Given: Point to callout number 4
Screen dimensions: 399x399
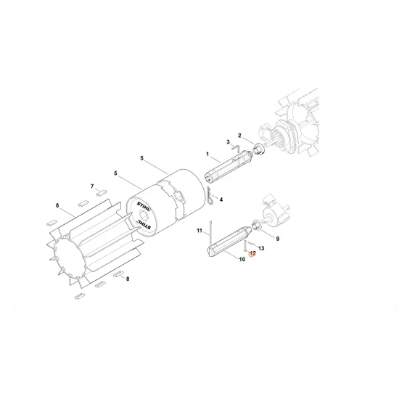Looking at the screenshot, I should coord(221,199).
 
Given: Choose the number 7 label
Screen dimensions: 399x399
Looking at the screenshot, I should coord(92,187).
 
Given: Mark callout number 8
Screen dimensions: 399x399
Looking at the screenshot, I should coord(128,279).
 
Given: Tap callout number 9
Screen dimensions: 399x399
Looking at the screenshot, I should coord(276,238).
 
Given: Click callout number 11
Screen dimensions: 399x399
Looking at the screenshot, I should coord(197,231).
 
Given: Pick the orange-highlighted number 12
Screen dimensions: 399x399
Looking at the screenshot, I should coord(252,255).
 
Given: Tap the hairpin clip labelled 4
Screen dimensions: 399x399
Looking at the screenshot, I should coord(208,195).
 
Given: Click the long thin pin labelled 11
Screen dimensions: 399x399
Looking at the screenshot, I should coord(210,232).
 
